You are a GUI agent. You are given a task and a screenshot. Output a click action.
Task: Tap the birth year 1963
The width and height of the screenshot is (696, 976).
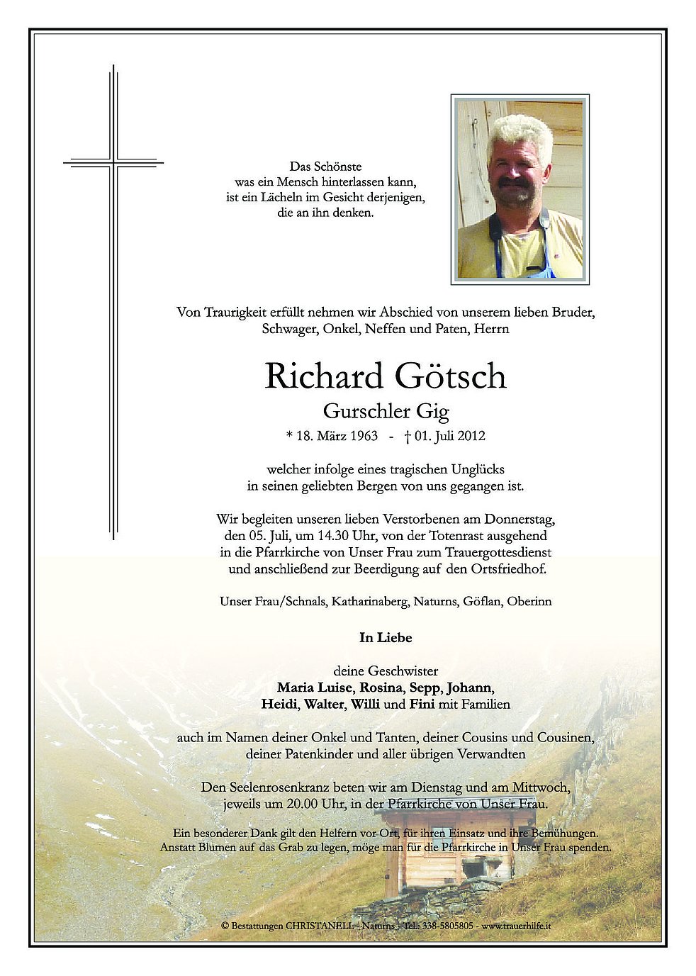point(363,435)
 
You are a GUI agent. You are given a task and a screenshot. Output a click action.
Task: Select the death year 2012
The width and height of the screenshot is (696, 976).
point(471,435)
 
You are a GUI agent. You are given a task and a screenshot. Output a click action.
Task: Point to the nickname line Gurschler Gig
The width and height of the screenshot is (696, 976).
point(386,410)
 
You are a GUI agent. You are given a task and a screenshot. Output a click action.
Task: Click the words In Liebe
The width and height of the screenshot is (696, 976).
point(386,637)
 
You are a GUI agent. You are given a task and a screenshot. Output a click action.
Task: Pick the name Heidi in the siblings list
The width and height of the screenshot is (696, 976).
point(279,705)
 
